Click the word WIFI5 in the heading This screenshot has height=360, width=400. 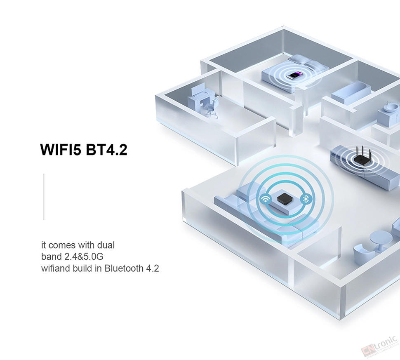tap(61, 150)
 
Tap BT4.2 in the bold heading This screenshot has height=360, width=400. tap(106, 150)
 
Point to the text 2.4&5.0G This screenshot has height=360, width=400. tap(84, 256)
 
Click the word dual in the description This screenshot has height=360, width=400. tap(106, 245)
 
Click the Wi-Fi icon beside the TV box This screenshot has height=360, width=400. tap(265, 199)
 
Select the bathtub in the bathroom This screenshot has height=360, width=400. tap(351, 93)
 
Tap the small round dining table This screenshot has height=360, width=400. tap(381, 240)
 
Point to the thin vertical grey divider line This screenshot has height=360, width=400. tap(44, 197)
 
